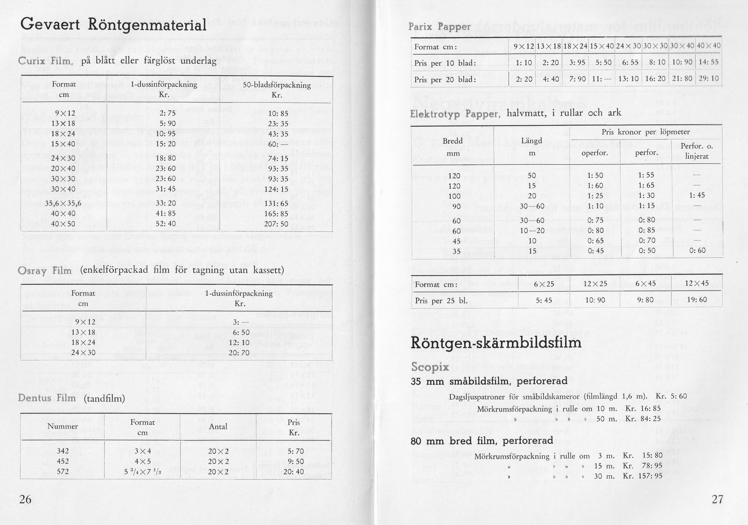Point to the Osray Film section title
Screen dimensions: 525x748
(x=45, y=271)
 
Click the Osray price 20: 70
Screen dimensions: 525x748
(x=241, y=352)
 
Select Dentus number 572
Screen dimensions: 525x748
(x=63, y=471)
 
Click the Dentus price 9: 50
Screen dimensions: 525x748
(x=296, y=461)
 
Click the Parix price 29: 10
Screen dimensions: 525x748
(x=709, y=79)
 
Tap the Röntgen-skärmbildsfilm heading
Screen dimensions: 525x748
(x=496, y=343)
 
